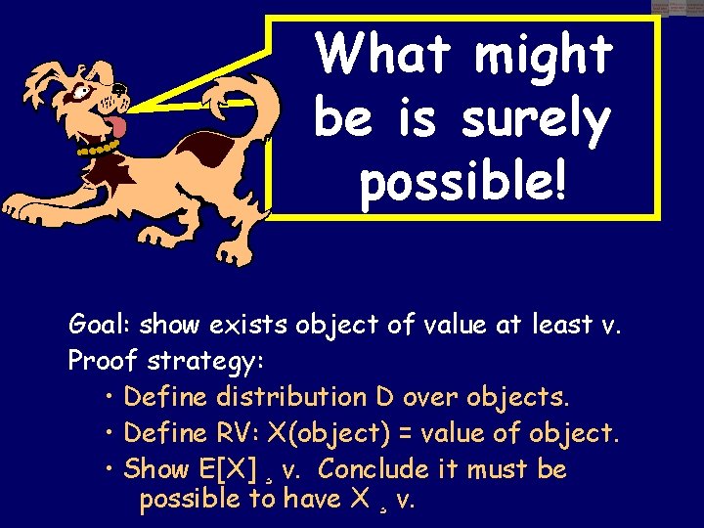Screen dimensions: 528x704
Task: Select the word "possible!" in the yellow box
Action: [x=462, y=182]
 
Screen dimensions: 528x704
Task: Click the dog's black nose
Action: [x=121, y=89]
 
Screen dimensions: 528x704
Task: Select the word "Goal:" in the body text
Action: [x=102, y=325]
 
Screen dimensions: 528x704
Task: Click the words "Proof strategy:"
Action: [x=165, y=361]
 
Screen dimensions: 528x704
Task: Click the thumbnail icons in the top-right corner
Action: [x=677, y=8]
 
